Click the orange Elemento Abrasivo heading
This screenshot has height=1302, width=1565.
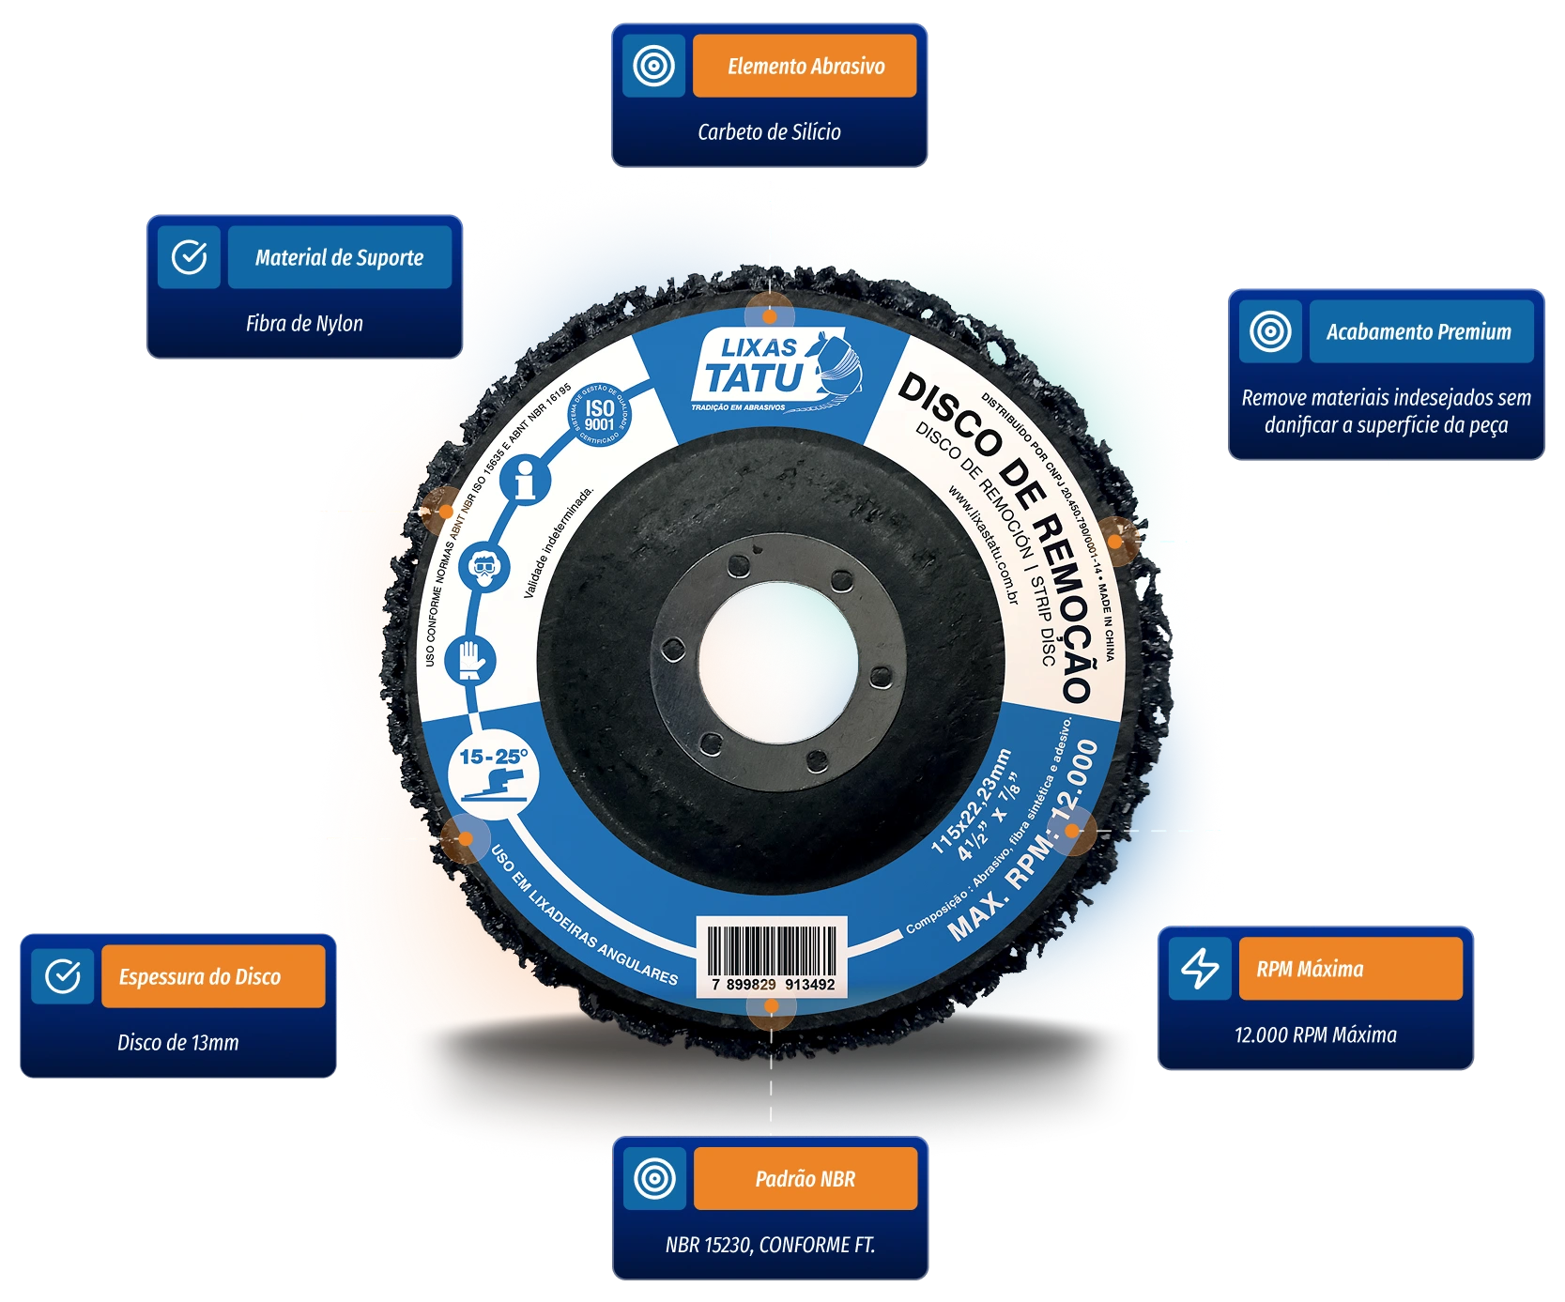pos(805,66)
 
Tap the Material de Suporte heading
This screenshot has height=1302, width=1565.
pos(339,257)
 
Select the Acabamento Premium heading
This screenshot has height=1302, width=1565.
pos(1419,331)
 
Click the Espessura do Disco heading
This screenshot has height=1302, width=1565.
pos(200,976)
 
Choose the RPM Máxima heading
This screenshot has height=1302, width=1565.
pos(1310,969)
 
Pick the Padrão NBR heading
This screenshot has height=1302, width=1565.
pos(805,1178)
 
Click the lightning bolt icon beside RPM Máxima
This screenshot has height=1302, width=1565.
pos(1200,968)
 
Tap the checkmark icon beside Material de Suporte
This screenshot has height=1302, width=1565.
pos(189,257)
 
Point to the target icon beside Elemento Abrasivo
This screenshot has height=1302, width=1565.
pos(653,66)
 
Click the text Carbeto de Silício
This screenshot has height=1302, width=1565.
pos(769,131)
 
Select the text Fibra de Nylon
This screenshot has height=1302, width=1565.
pos(304,324)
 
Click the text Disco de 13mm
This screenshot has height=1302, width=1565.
pos(178,1042)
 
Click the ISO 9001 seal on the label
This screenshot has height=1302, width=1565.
pos(599,414)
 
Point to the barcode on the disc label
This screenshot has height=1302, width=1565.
pos(771,954)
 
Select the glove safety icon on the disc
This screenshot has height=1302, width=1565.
pos(475,657)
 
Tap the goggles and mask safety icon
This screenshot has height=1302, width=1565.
pos(486,567)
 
